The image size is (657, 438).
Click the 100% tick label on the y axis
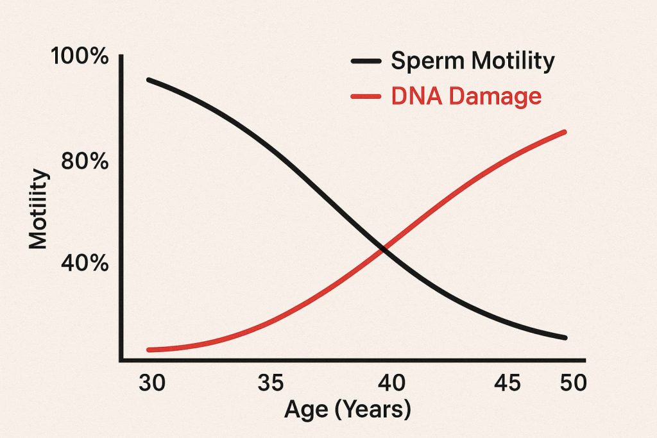coord(80,56)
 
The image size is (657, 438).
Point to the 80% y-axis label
coord(85,161)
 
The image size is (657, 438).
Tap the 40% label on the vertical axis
coord(85,264)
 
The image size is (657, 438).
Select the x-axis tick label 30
coord(152,383)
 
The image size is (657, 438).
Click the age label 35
coord(271,383)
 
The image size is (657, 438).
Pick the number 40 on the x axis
coord(392,383)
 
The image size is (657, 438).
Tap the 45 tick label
coord(508,383)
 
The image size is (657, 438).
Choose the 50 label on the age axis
coord(574,383)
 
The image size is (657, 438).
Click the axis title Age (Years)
coord(348,409)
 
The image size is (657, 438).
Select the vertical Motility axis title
coord(38,208)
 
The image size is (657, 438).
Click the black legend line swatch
coord(366,61)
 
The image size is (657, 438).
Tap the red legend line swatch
coord(366,97)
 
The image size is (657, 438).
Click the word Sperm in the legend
coord(428,62)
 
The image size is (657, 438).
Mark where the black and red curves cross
coord(382,249)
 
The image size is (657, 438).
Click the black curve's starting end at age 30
coord(149,80)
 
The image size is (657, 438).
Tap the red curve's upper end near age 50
coord(564,132)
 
